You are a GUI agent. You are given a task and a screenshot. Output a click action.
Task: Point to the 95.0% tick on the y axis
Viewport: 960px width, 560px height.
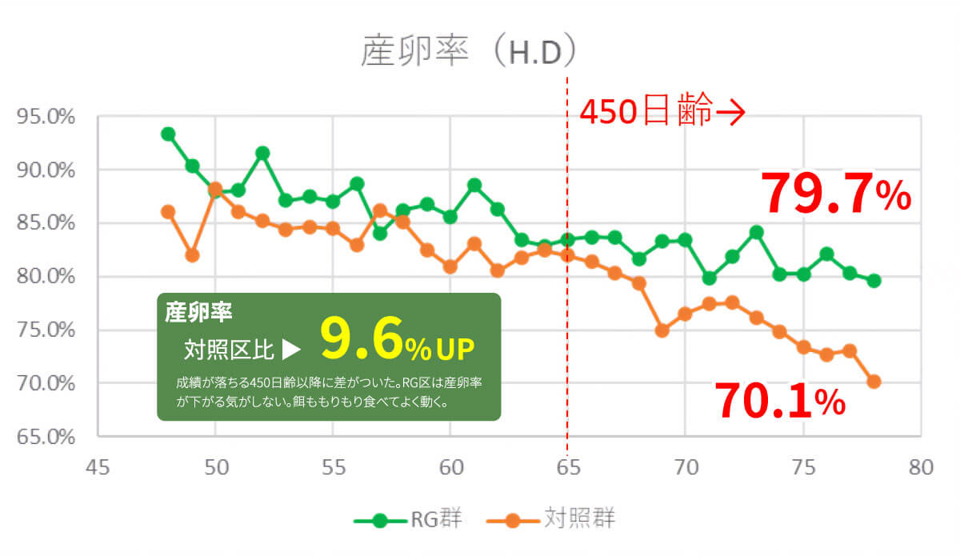click(46, 118)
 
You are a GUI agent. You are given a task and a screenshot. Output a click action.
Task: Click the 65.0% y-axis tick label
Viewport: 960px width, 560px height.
click(46, 437)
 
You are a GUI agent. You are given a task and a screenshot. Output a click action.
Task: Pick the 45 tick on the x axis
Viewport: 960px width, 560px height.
click(98, 467)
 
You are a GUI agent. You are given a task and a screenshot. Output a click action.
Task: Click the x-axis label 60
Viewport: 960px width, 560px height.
click(450, 467)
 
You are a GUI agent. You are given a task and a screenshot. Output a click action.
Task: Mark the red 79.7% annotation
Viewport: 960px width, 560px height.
click(835, 194)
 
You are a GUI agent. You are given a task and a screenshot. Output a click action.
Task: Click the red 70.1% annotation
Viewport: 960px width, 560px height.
click(779, 401)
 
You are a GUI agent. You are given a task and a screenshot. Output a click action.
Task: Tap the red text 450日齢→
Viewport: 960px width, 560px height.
click(662, 112)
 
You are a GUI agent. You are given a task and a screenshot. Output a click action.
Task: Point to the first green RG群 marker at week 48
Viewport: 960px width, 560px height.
click(168, 134)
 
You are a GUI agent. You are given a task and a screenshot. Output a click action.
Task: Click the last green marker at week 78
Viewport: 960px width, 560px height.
click(874, 281)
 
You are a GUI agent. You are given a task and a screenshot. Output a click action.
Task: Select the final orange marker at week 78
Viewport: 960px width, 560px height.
click(874, 382)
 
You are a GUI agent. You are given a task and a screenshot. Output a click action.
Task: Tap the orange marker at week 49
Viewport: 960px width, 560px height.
click(192, 255)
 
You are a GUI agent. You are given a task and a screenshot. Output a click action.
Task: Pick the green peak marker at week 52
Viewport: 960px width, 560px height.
click(262, 153)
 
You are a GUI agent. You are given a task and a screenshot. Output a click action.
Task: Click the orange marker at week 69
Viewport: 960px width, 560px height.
click(662, 330)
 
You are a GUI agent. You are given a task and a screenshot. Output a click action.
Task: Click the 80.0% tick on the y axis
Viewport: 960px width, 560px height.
click(46, 277)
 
